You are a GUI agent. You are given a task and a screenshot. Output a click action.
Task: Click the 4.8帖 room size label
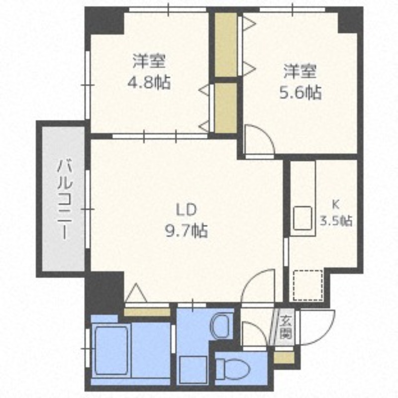coord(148,82)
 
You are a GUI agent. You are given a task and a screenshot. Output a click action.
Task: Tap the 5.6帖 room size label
coord(300,93)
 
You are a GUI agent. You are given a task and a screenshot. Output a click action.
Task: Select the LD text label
coord(187,210)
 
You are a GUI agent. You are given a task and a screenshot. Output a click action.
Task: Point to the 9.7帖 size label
coord(187,230)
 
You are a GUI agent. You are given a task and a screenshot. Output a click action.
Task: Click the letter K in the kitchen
coord(335,204)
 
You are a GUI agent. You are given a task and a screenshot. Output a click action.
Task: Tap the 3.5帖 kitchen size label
coord(336,220)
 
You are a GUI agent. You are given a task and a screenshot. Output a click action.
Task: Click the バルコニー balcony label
coord(64,199)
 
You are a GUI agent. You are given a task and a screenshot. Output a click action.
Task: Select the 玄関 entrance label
coord(286,327)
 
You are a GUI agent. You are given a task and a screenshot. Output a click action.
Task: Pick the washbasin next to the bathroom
coord(221,326)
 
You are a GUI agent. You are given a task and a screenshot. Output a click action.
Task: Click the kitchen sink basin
coord(302,218)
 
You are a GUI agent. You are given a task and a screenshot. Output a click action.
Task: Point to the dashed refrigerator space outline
coord(308,286)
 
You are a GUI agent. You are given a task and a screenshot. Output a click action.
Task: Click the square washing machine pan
coord(193,370)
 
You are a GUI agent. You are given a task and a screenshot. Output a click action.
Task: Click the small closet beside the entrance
coord(284,357)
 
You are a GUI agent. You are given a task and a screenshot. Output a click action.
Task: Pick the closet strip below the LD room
coord(147,312)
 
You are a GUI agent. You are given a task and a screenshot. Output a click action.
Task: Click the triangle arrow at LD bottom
coord(136,293)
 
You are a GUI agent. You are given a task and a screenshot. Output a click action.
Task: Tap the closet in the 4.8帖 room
coord(226,107)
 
